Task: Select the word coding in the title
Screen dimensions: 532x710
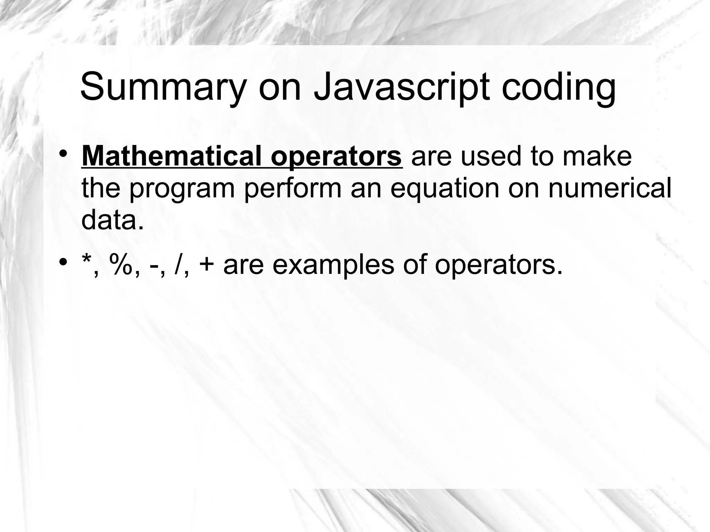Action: point(559,87)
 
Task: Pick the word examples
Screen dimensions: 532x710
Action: point(333,265)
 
